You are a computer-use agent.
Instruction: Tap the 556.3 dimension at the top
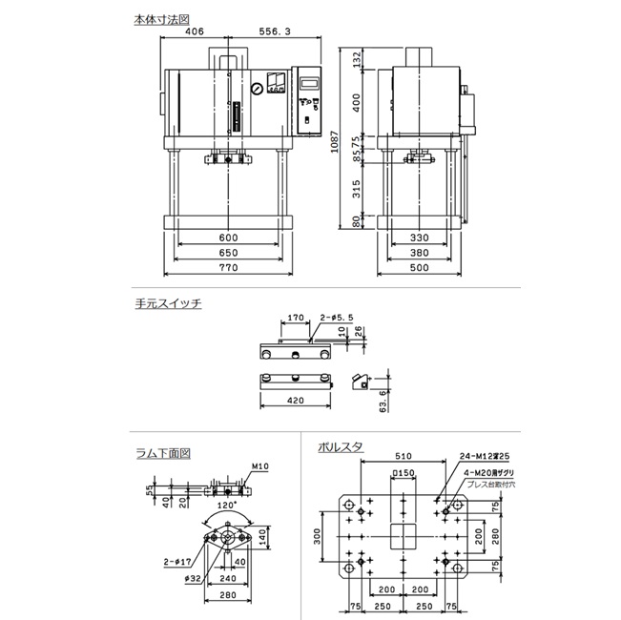point(273,32)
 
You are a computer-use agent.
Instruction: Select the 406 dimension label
point(195,32)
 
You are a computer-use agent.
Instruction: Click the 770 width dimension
point(226,270)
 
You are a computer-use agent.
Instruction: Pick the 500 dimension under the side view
point(421,270)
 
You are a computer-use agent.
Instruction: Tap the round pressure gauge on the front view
point(257,90)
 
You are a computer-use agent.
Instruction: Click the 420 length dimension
point(295,402)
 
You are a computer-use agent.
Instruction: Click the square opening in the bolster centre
point(404,537)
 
